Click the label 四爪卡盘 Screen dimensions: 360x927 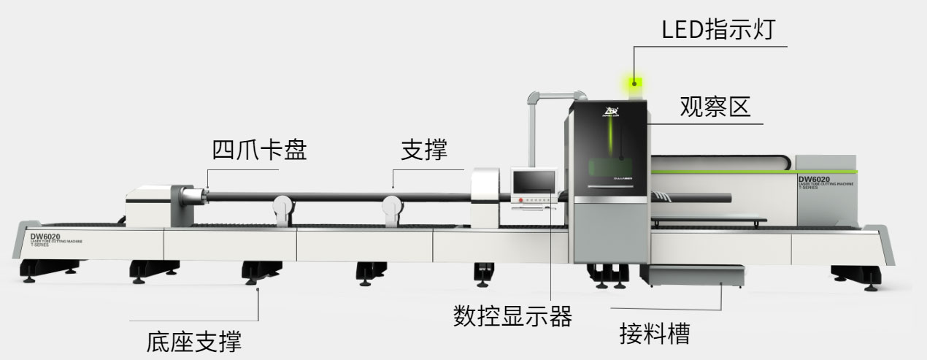pyautogui.click(x=259, y=150)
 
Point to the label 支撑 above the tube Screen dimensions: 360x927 pyautogui.click(x=424, y=150)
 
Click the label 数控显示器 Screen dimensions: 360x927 pyautogui.click(x=512, y=316)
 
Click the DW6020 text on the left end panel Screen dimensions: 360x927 pyautogui.click(x=45, y=237)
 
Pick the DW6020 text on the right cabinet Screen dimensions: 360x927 pyautogui.click(x=814, y=180)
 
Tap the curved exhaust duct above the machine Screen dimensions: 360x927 pyautogui.click(x=555, y=95)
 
